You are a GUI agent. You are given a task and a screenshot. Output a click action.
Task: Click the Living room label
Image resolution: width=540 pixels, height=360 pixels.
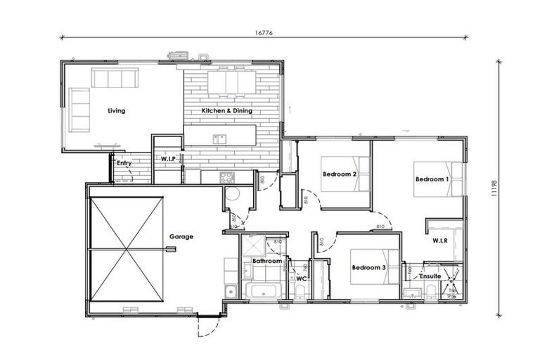click(x=116, y=111)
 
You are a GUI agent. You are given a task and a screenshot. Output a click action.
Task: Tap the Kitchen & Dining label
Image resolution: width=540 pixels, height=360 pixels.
click(x=226, y=111)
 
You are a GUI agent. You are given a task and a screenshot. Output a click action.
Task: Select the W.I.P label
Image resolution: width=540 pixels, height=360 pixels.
click(x=167, y=158)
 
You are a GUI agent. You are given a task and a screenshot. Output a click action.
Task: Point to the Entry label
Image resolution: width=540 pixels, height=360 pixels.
click(x=124, y=163)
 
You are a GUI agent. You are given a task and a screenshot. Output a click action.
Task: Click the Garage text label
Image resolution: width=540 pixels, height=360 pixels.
click(x=181, y=237)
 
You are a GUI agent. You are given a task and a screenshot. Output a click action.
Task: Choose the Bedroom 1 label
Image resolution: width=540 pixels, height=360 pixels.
click(x=431, y=179)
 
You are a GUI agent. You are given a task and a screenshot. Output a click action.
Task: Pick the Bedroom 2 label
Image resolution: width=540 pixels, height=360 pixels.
click(x=340, y=174)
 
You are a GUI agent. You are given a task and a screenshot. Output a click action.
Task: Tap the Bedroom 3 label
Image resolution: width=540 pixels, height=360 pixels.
click(x=368, y=267)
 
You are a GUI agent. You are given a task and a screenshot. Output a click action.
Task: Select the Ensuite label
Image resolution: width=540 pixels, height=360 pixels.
click(x=430, y=276)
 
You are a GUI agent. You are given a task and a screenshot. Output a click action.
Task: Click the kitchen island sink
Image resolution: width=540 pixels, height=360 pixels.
click(x=219, y=139)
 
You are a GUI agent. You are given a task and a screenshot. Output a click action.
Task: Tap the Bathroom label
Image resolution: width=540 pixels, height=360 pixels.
click(x=267, y=262)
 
